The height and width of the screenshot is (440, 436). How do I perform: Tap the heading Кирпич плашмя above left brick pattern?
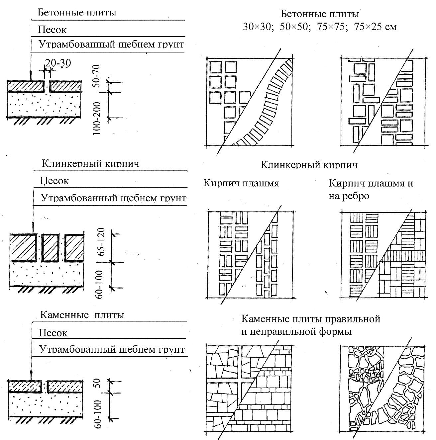241,183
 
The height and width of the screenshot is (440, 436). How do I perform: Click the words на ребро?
349,196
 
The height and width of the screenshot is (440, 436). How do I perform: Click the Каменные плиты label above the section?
82,314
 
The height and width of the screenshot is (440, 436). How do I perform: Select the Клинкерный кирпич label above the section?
90,164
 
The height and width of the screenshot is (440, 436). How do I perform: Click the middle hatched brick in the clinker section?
50,247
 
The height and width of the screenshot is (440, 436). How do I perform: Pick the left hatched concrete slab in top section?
26,86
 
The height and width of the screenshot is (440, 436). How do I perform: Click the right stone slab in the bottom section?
64,386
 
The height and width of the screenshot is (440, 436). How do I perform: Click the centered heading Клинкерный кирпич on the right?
309,165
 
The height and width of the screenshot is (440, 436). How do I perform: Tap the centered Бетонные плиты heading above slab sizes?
320,14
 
